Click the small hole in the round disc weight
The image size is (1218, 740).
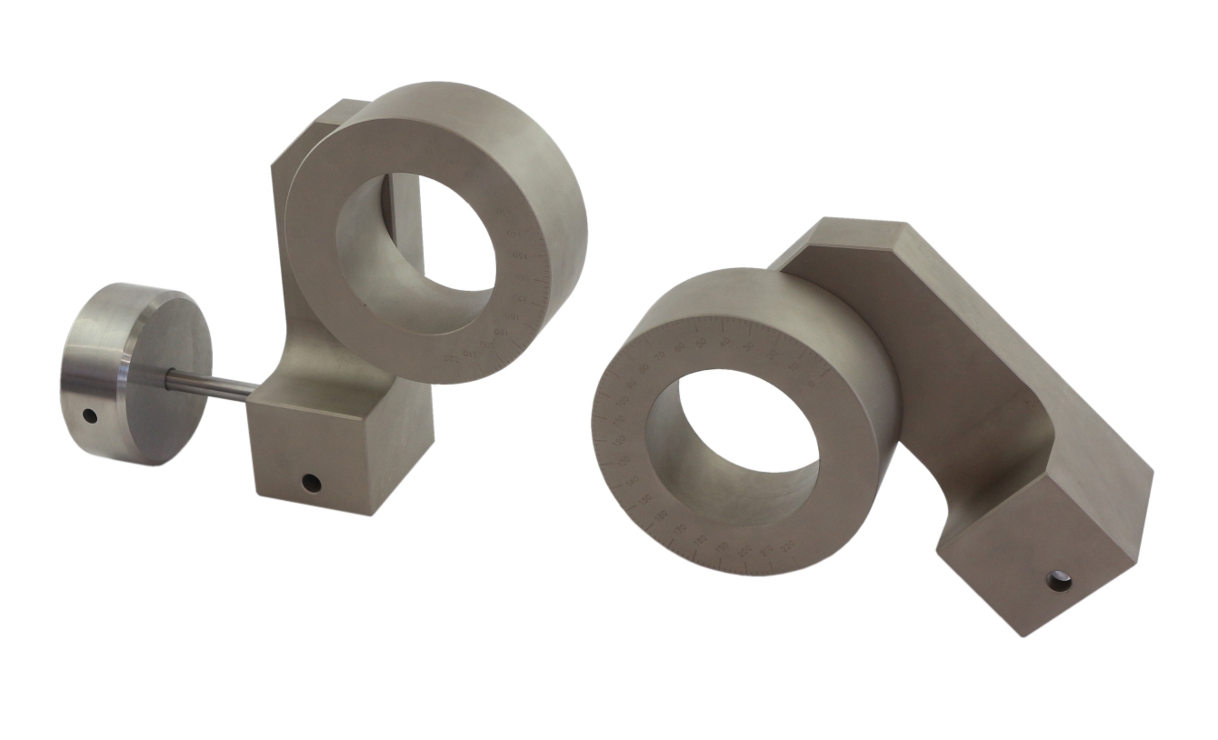89,415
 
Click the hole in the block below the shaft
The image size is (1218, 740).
311,480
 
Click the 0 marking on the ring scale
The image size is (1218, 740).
812,383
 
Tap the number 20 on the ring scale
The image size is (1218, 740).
773,355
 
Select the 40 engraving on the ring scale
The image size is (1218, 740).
724,341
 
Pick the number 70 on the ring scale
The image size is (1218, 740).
661,355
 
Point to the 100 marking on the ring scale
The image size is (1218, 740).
623,400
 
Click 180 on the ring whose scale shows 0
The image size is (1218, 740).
700,540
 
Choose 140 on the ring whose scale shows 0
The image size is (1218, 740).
633,481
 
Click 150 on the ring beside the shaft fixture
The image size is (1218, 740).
520,255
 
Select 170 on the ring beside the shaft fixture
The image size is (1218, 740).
519,297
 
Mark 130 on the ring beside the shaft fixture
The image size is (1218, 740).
503,212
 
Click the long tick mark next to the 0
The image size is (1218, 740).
825,371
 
